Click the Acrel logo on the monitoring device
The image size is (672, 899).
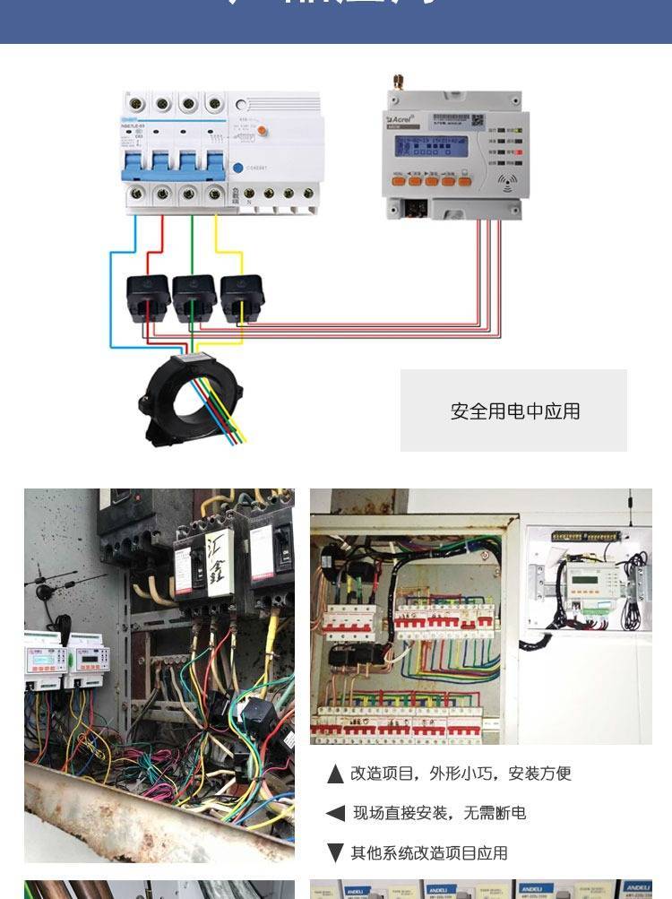401,118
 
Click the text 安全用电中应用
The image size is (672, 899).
515,411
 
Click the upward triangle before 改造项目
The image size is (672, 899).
335,774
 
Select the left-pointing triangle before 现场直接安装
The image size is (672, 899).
335,813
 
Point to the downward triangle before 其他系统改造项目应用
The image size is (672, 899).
335,852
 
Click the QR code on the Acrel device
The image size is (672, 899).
478,120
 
